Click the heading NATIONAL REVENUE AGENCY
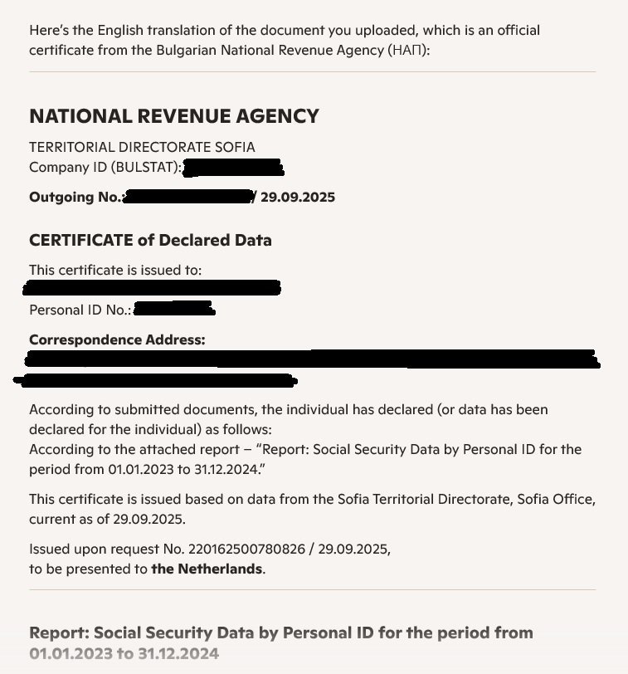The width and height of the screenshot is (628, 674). click(173, 116)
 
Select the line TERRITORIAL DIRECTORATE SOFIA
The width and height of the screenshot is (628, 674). click(142, 147)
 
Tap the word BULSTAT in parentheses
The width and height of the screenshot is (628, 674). click(149, 167)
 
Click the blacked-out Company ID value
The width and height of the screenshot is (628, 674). click(233, 168)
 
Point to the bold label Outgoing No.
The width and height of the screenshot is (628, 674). click(75, 198)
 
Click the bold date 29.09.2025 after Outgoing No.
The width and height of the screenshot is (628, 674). click(298, 198)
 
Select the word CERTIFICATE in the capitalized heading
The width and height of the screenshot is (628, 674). click(80, 241)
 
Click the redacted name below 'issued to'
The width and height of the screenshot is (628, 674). click(153, 289)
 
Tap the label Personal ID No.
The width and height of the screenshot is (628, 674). click(79, 310)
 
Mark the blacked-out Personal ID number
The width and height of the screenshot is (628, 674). click(174, 310)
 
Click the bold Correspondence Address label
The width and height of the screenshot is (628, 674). click(117, 339)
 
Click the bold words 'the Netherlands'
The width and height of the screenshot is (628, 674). click(207, 569)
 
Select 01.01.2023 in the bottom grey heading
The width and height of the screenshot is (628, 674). click(70, 653)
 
